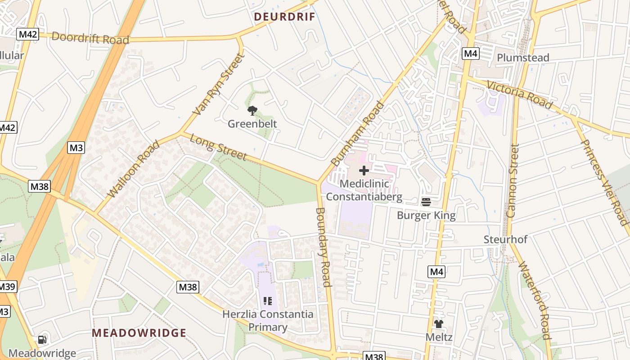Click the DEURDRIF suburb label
[x=284, y=17]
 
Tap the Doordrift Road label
[x=90, y=38]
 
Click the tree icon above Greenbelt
[x=252, y=110]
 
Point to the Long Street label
[x=218, y=147]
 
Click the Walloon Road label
[x=134, y=169]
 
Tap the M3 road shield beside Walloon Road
[x=76, y=148]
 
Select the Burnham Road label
[x=358, y=133]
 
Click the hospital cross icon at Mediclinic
[x=364, y=171]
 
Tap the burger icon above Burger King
[x=426, y=202]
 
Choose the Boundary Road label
[x=324, y=247]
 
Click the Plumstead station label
[x=523, y=58]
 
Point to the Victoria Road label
[x=519, y=95]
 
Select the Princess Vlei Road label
[x=604, y=182]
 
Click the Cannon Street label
[x=513, y=180]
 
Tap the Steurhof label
[x=505, y=239]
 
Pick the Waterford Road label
[x=535, y=300]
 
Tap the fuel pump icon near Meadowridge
[x=42, y=340]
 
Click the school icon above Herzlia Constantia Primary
[x=268, y=301]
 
